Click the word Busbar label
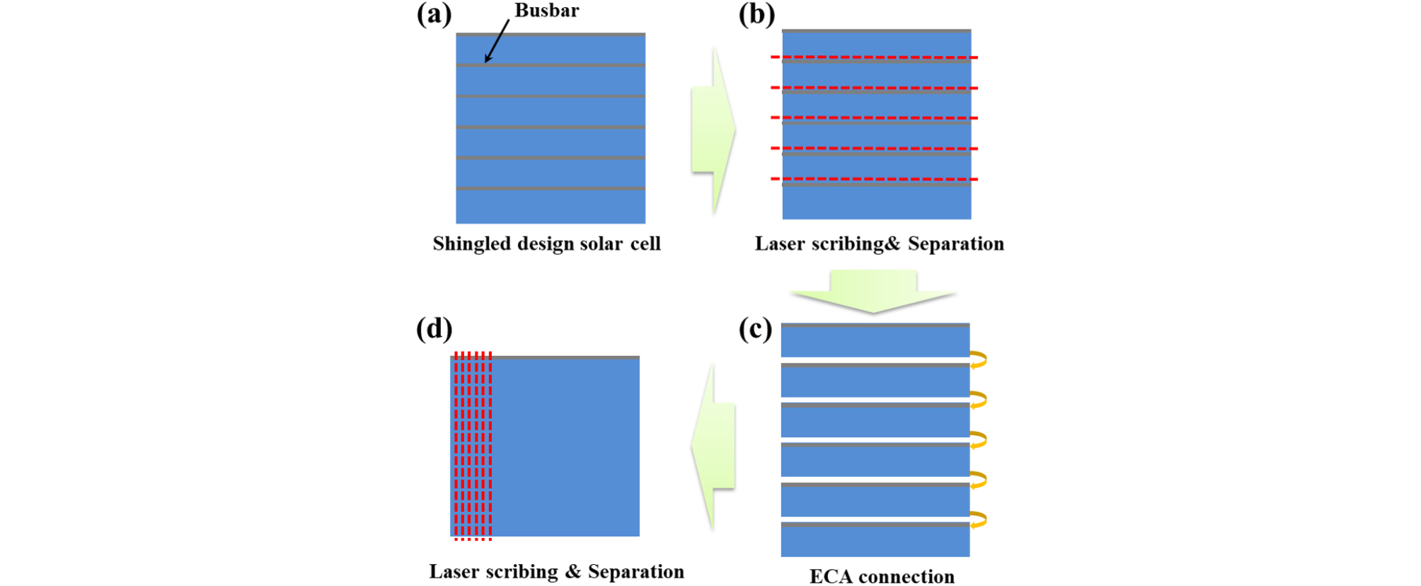point(546,11)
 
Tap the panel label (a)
point(434,15)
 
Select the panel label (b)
point(756,15)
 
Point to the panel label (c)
point(755,330)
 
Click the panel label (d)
point(434,329)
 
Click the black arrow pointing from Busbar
point(497,41)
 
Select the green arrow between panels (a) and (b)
point(713,130)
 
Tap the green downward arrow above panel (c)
point(873,291)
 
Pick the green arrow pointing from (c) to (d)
point(713,447)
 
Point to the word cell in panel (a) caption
point(645,244)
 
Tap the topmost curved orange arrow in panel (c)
point(979,360)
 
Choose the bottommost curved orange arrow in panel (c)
point(979,520)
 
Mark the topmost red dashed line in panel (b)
point(875,57)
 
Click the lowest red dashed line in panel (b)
point(875,179)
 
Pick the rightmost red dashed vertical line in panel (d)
point(490,446)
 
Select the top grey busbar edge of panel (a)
point(551,34)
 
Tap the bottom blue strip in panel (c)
point(875,542)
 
